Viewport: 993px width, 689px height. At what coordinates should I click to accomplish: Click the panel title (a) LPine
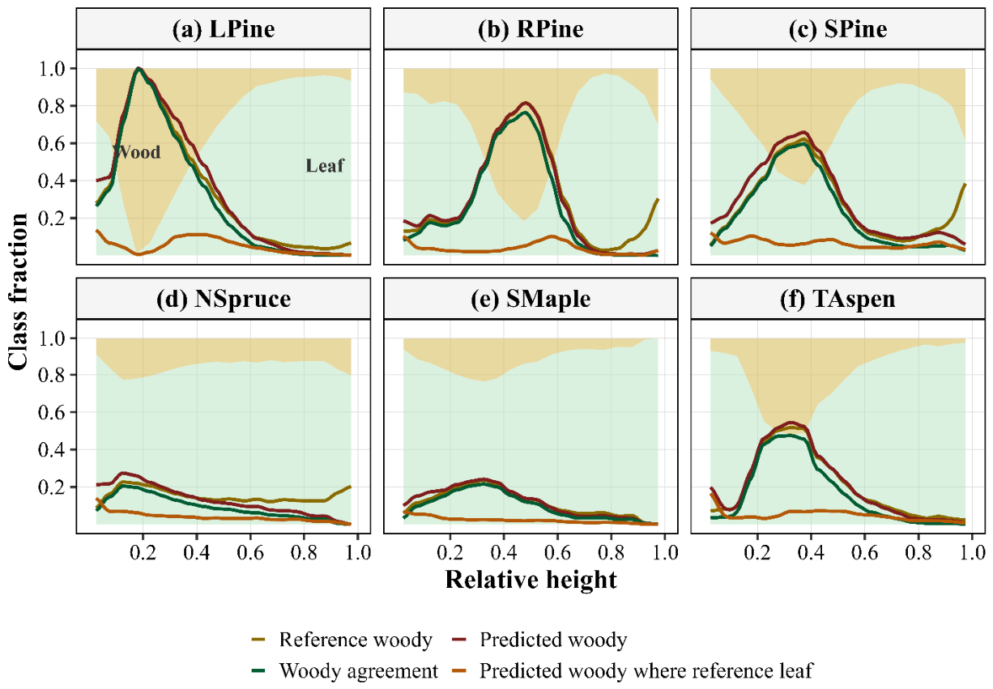(224, 29)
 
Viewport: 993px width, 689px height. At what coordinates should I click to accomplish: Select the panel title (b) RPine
(531, 29)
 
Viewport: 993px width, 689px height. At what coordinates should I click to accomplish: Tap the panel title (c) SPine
(837, 29)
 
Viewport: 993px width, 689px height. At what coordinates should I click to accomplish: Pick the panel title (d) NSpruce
(224, 299)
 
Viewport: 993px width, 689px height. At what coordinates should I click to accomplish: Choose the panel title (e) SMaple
(531, 299)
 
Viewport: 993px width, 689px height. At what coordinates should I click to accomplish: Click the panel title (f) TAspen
(837, 299)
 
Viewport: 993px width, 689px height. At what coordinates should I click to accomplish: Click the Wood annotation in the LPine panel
(137, 152)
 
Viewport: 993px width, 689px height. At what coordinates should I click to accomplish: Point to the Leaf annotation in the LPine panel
(325, 166)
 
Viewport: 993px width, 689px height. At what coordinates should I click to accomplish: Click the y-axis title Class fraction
(18, 291)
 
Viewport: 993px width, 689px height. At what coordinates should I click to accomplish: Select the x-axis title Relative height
(531, 580)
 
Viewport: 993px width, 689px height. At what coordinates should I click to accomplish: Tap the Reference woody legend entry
(341, 640)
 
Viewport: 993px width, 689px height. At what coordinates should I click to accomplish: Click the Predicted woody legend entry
(539, 640)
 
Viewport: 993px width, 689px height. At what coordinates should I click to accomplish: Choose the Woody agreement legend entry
(344, 671)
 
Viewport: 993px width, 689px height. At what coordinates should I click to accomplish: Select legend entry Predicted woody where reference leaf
(633, 671)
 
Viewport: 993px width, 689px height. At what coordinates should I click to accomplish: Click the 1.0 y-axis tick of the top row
(53, 69)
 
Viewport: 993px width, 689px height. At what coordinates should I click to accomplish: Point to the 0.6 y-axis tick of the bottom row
(53, 413)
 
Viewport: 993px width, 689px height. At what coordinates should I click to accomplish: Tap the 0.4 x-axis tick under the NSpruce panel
(196, 552)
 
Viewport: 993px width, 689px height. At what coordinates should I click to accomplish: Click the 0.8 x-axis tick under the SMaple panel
(611, 552)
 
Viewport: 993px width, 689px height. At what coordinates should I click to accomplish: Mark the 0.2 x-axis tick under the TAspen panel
(757, 552)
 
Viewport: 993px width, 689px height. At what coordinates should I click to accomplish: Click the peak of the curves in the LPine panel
(139, 68)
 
